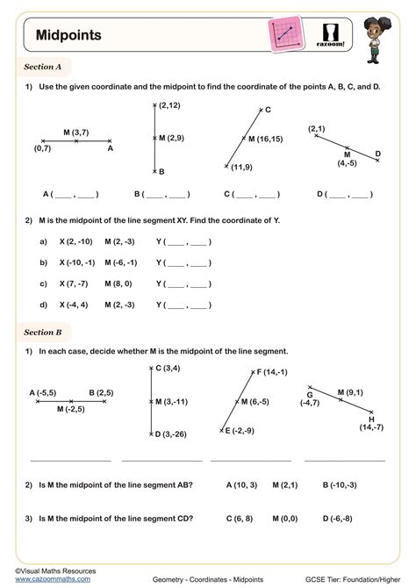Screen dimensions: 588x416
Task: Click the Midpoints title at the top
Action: tap(68, 36)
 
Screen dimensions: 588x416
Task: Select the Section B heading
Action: tap(43, 333)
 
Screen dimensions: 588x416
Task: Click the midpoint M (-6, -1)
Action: tap(121, 262)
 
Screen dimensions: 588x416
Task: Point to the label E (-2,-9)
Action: tap(239, 431)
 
